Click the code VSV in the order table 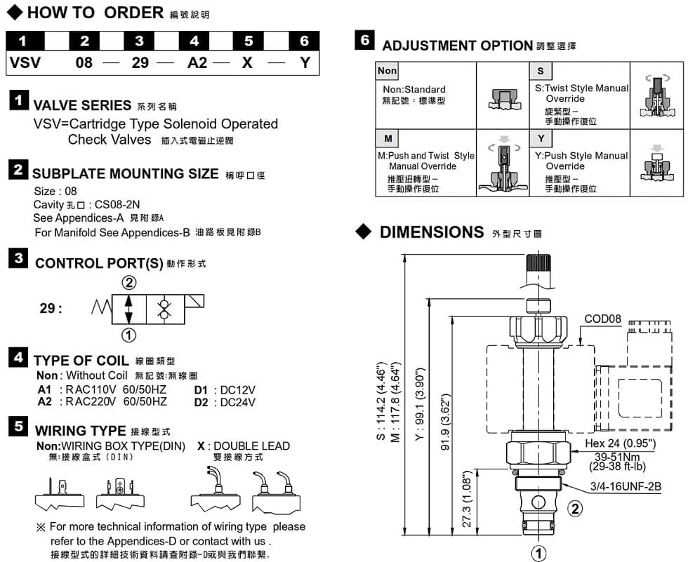point(25,63)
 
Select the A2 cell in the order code point(197,63)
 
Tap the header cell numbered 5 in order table point(249,41)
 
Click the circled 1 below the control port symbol point(129,335)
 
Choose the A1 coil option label point(45,390)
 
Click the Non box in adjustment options point(387,71)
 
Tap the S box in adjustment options point(540,71)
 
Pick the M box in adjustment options point(388,138)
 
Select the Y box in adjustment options point(541,138)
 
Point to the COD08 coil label point(603,319)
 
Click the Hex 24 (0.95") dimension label point(620,443)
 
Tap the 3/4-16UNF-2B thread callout point(626,486)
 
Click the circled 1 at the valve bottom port point(538,554)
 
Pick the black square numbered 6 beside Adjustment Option point(365,41)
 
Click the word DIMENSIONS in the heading point(431,232)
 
